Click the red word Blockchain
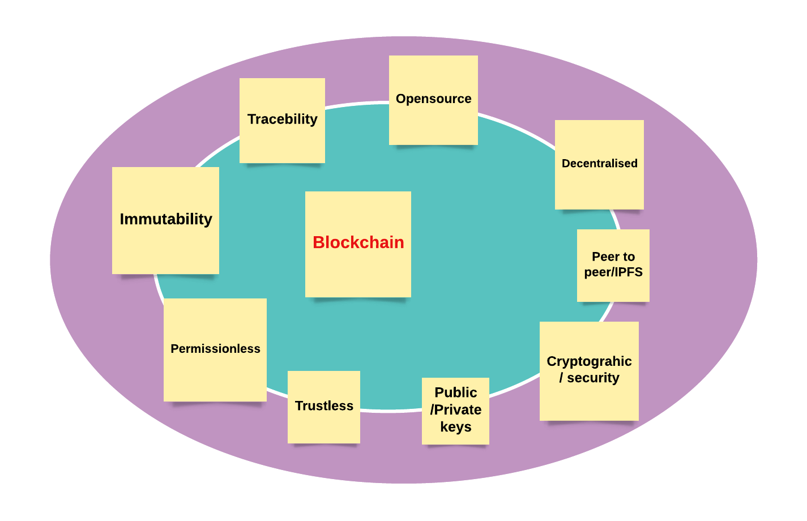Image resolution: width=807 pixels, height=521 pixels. click(x=358, y=242)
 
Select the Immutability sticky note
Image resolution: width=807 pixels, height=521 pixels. click(x=165, y=220)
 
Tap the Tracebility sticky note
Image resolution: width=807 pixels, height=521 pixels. click(x=282, y=121)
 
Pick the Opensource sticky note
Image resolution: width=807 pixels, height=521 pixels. click(x=433, y=100)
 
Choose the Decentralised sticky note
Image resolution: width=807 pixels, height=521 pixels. click(x=599, y=165)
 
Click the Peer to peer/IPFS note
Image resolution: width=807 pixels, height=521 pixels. click(x=613, y=266)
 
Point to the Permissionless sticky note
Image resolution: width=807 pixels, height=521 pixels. click(x=215, y=350)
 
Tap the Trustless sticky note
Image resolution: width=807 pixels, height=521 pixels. click(x=324, y=407)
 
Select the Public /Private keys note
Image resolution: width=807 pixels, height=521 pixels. click(x=455, y=411)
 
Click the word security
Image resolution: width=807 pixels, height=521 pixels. click(x=593, y=378)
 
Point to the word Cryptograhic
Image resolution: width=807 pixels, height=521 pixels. click(x=589, y=361)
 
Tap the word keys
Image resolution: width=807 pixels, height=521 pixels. click(x=456, y=427)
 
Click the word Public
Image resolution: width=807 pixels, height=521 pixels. click(x=456, y=392)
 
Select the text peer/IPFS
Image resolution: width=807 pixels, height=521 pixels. click(x=613, y=272)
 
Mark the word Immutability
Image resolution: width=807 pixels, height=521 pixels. click(x=166, y=219)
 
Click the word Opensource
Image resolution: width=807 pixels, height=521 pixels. click(x=433, y=99)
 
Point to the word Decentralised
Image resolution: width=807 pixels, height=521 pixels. click(x=600, y=163)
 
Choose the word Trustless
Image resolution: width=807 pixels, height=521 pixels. click(x=324, y=405)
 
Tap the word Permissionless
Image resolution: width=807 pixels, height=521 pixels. click(x=215, y=349)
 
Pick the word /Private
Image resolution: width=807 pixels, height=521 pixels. click(x=456, y=409)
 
